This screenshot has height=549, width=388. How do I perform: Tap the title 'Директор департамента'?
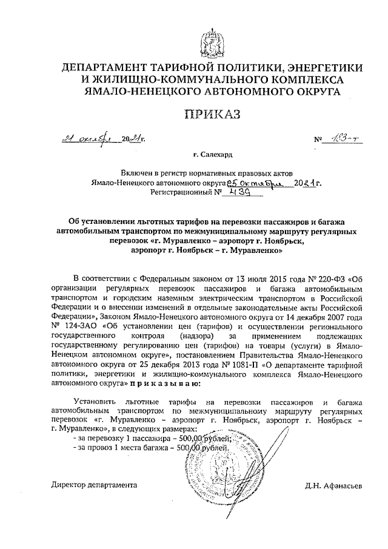point(94,485)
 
